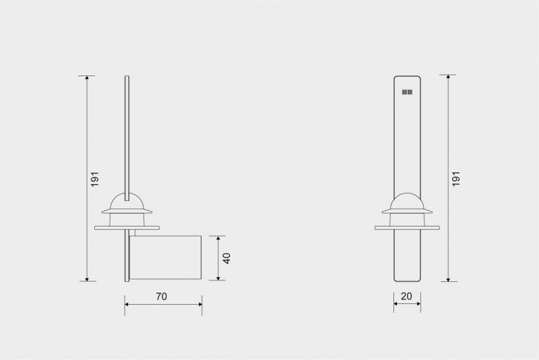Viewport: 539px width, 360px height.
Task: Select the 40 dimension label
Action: (227, 258)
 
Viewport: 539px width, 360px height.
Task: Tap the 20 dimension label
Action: (406, 296)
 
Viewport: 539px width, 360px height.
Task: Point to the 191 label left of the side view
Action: (95, 179)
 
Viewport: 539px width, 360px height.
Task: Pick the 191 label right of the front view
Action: (456, 179)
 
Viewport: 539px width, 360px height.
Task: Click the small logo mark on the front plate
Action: (407, 91)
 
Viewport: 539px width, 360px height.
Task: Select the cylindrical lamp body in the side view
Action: (166, 258)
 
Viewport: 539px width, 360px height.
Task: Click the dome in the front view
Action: (407, 201)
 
